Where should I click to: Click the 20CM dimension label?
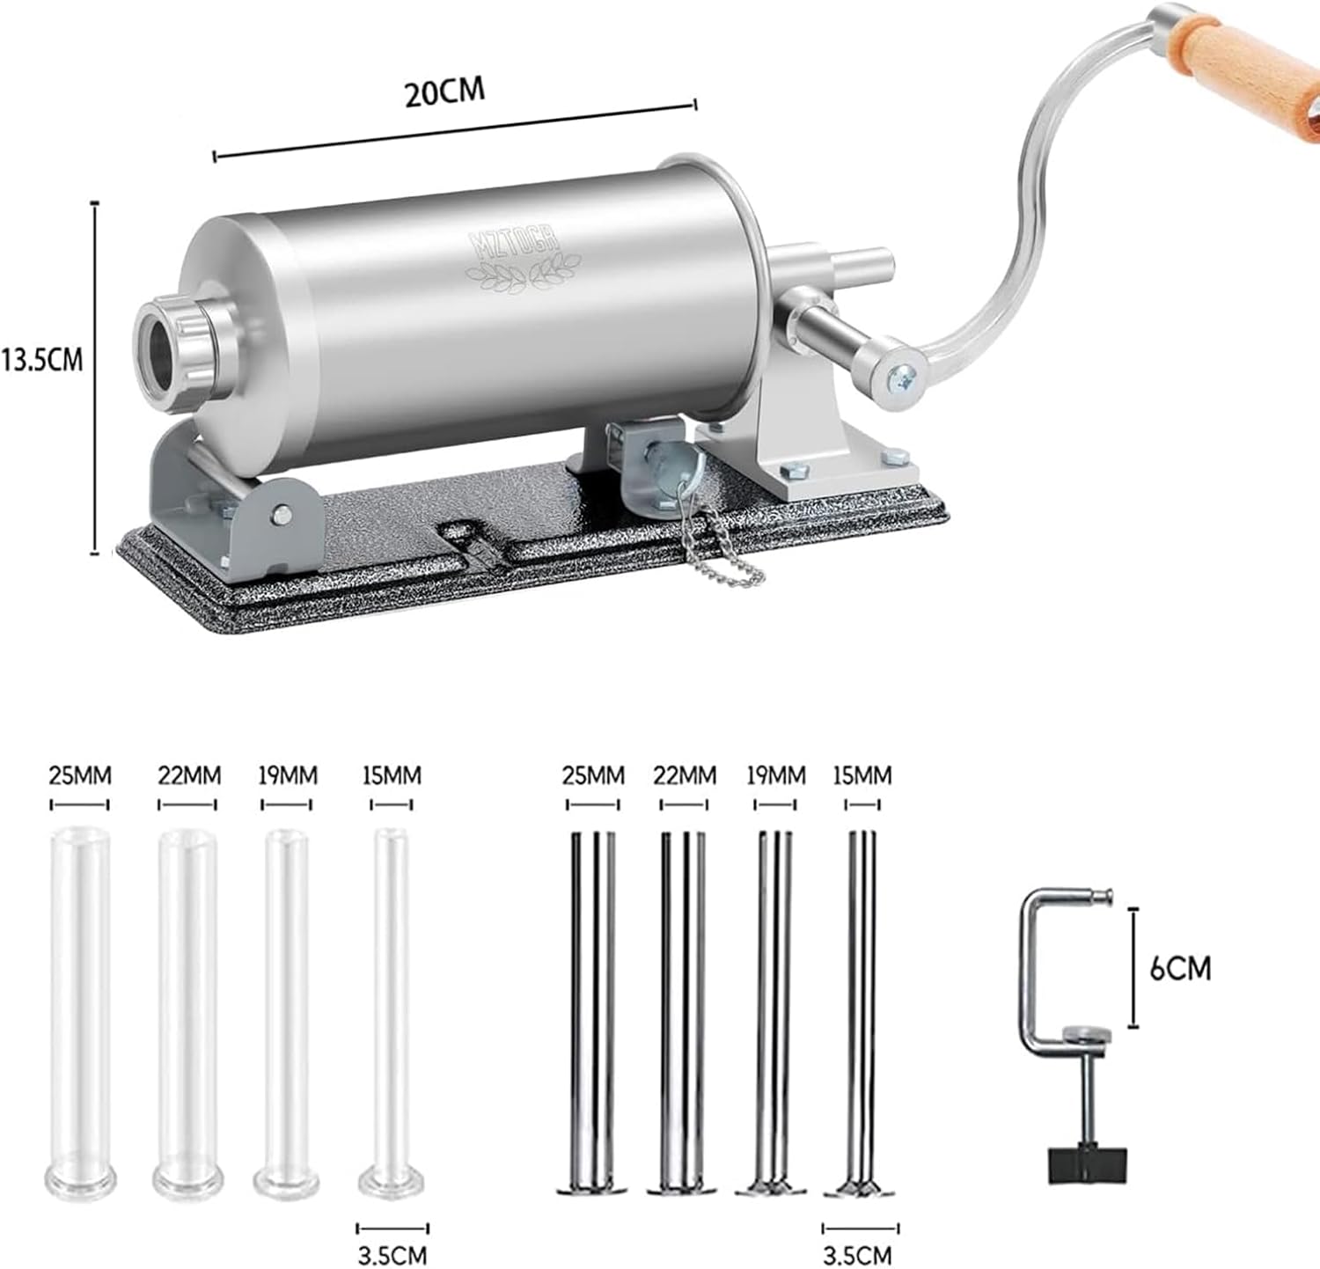(x=444, y=92)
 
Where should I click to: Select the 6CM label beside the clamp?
(x=1180, y=968)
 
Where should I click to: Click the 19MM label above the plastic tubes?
(x=288, y=775)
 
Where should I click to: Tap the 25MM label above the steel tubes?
(x=594, y=775)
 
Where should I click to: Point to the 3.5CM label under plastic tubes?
(x=392, y=1253)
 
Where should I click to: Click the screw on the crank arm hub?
(x=899, y=377)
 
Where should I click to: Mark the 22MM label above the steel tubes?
(x=683, y=775)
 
